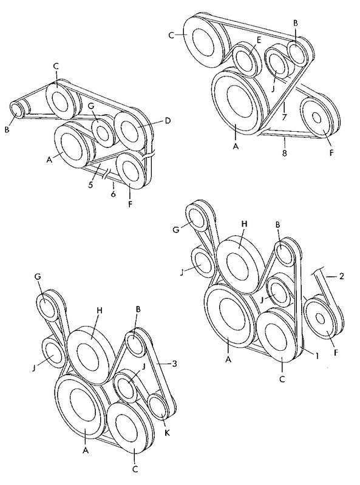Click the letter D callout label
pyautogui.click(x=168, y=121)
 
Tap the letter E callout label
pyautogui.click(x=259, y=40)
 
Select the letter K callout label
pyautogui.click(x=167, y=433)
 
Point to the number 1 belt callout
pyautogui.click(x=316, y=356)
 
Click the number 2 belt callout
pyautogui.click(x=341, y=276)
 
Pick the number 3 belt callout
pyautogui.click(x=174, y=364)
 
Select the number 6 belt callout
pyautogui.click(x=113, y=194)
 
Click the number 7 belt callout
pyautogui.click(x=285, y=117)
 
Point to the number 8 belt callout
pyautogui.click(x=285, y=153)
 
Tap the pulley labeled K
pyautogui.click(x=159, y=406)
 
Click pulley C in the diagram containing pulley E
pyautogui.click(x=203, y=39)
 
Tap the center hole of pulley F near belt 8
pyautogui.click(x=316, y=118)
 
